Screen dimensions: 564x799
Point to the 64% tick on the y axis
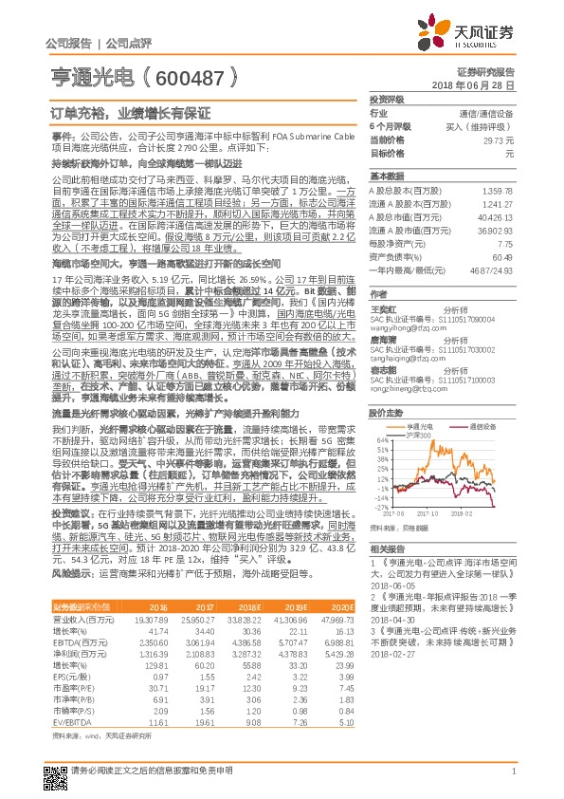[x=380, y=441]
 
